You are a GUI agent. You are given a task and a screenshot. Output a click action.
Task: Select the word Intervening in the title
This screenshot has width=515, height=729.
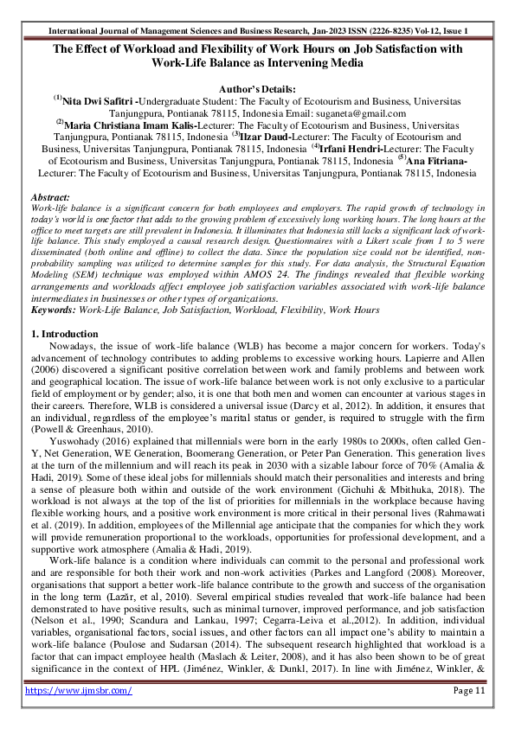283,63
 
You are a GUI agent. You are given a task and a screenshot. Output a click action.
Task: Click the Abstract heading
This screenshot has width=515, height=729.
50,197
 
